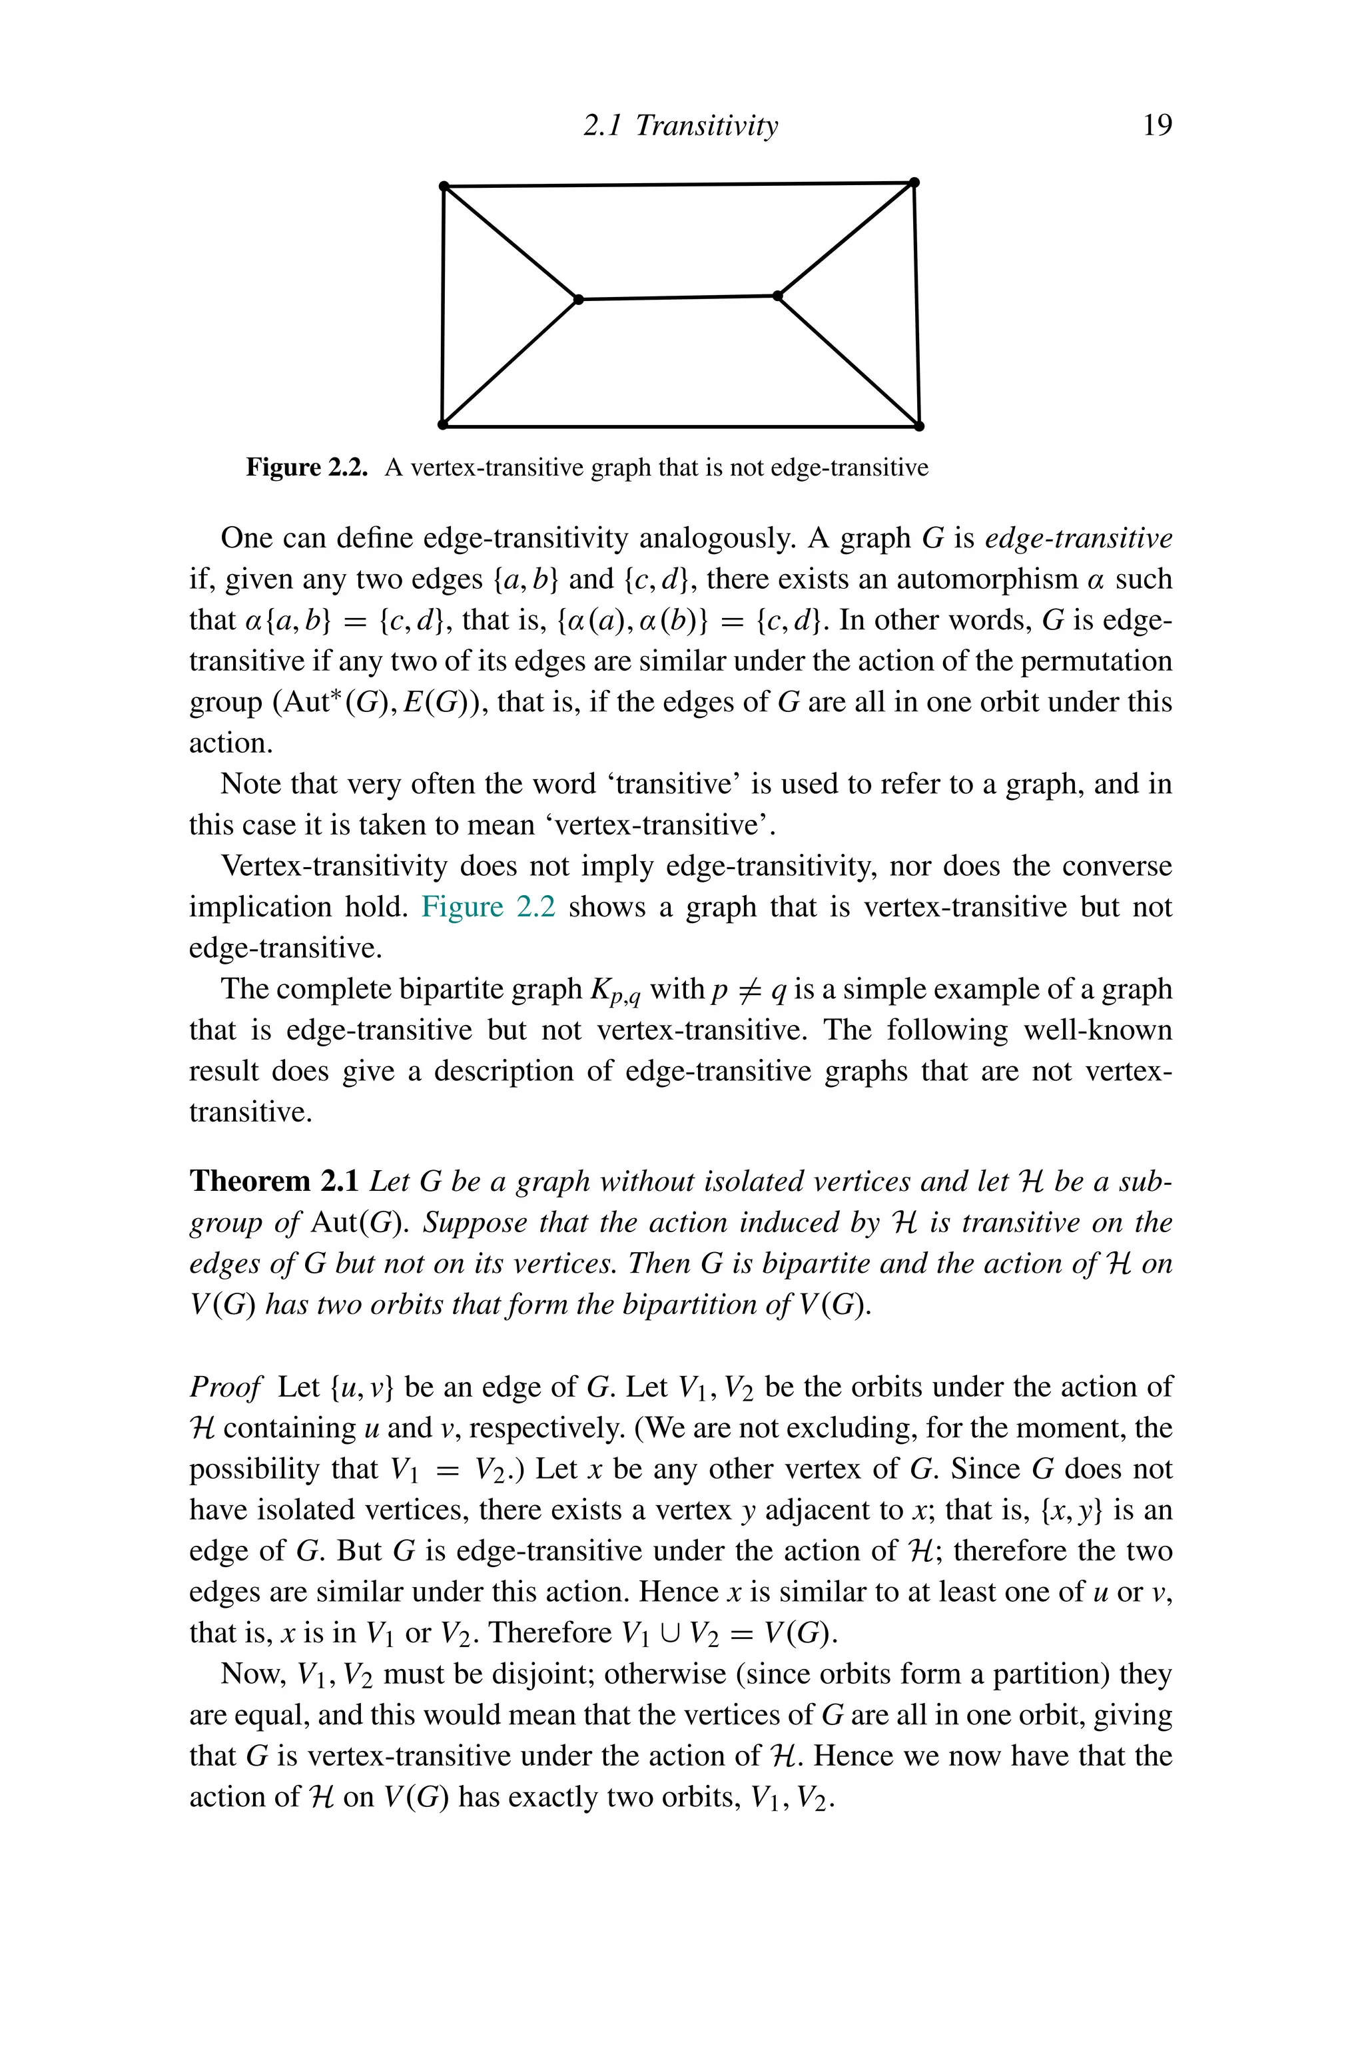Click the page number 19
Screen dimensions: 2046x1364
pos(1156,126)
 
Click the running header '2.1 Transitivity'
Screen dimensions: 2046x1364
pos(680,126)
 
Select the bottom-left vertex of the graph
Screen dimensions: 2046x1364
pos(442,424)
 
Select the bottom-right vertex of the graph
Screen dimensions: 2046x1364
pos(920,426)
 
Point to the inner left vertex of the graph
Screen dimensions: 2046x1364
pos(579,299)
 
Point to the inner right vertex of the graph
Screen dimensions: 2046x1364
pos(778,296)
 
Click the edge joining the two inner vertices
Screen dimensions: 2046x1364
pos(679,298)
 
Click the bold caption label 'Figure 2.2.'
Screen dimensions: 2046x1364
pos(306,468)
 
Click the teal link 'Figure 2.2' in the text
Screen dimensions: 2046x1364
pos(488,907)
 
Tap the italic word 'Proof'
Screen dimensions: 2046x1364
pos(225,1387)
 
